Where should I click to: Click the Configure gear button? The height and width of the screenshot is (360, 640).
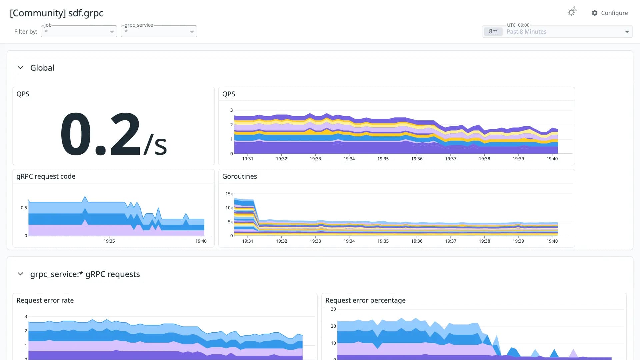tap(609, 13)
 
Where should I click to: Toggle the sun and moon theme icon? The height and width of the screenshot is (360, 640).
tap(572, 12)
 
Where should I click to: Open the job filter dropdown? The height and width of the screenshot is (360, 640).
tap(79, 31)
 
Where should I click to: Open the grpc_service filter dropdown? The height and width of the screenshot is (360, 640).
tap(159, 31)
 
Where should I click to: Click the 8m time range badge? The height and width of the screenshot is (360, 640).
tap(493, 32)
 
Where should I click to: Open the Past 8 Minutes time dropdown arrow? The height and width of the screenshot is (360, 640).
tap(627, 32)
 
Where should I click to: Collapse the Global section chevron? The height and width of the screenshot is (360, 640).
tap(20, 68)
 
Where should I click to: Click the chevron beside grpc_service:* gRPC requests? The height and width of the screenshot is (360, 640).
tap(20, 274)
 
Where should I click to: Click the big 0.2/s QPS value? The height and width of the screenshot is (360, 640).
tap(113, 134)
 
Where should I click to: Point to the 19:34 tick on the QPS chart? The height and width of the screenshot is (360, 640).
tap(349, 159)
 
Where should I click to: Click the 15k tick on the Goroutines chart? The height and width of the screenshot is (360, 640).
tap(229, 194)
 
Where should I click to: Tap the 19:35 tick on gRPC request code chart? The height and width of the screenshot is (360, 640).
tap(109, 241)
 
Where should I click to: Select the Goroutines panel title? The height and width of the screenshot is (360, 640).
tap(240, 176)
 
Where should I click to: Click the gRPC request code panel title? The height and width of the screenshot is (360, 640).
tap(46, 176)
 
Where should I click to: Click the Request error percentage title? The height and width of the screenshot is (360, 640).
tap(365, 300)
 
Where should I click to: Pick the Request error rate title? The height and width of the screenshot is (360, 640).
tap(45, 300)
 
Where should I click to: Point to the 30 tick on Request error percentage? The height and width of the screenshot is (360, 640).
tap(333, 309)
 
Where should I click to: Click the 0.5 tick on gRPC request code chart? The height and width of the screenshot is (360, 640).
tap(24, 208)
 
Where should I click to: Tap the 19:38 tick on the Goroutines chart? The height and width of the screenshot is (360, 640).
tap(484, 241)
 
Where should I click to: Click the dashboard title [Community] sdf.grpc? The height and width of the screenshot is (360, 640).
tap(57, 13)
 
